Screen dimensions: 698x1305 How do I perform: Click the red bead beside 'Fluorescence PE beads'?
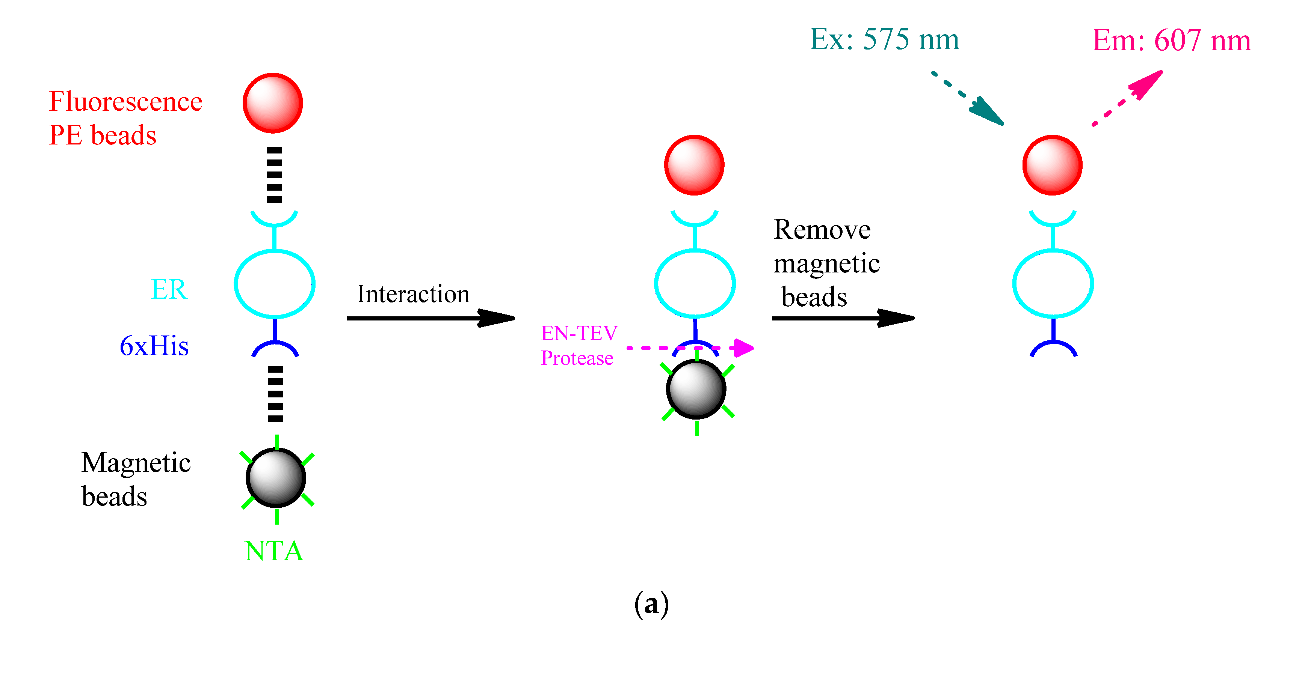273,103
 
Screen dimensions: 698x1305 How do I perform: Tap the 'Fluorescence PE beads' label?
125,118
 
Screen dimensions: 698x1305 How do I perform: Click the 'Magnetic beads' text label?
135,478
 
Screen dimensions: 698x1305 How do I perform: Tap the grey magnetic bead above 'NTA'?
276,477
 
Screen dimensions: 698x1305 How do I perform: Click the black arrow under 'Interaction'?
430,318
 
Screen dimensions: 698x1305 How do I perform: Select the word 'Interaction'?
413,294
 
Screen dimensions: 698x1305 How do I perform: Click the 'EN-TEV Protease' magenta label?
578,345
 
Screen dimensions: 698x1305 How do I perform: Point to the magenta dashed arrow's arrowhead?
744,348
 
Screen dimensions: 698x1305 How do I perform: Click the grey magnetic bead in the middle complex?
696,389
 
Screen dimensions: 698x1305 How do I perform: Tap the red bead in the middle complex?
694,165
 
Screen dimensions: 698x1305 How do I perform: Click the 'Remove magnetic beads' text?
826,263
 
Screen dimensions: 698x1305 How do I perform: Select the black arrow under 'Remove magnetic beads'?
843,318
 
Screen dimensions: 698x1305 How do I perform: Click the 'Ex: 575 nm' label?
884,39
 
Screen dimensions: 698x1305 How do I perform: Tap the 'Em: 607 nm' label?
1171,40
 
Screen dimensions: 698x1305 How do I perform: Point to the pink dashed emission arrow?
1128,98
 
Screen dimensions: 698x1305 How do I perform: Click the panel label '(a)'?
651,603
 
